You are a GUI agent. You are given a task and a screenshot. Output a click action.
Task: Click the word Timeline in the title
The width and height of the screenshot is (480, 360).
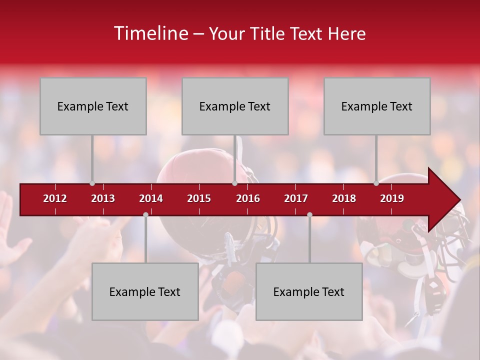tap(150, 33)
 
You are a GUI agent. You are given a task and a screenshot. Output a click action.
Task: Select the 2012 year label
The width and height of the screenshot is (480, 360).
tap(55, 198)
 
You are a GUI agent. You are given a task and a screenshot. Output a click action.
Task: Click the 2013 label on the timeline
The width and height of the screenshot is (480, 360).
tap(103, 198)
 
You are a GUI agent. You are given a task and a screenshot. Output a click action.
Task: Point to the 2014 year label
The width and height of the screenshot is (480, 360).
tap(151, 198)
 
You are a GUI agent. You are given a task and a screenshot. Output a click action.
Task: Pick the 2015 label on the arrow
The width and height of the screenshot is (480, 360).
tap(199, 198)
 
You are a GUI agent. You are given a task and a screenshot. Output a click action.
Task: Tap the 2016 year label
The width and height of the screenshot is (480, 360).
tap(248, 198)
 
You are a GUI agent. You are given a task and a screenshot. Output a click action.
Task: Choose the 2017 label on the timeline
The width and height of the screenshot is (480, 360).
tap(296, 198)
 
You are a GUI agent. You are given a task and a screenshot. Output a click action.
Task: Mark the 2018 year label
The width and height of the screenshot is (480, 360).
tap(344, 198)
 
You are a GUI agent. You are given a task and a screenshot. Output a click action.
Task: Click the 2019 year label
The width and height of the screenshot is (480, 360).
tap(392, 198)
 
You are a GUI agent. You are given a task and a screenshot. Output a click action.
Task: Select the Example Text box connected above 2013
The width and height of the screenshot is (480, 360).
tap(93, 106)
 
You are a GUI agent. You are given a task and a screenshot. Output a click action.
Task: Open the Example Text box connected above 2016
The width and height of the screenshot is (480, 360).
tap(235, 106)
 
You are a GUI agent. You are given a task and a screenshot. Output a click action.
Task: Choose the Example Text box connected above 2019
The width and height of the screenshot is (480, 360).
tap(377, 106)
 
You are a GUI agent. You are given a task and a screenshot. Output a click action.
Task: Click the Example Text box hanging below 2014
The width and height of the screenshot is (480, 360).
tap(145, 292)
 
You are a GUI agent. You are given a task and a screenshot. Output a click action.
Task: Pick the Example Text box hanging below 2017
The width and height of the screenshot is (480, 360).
tap(309, 292)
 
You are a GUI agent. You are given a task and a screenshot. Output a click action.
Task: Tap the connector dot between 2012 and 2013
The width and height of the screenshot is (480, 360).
tap(92, 183)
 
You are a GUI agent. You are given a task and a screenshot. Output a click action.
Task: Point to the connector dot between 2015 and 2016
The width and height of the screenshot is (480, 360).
tap(234, 183)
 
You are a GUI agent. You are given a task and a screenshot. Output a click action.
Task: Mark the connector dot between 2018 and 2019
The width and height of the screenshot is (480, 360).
tap(376, 183)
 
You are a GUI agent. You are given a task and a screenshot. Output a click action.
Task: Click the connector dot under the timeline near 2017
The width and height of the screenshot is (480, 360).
tap(309, 214)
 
